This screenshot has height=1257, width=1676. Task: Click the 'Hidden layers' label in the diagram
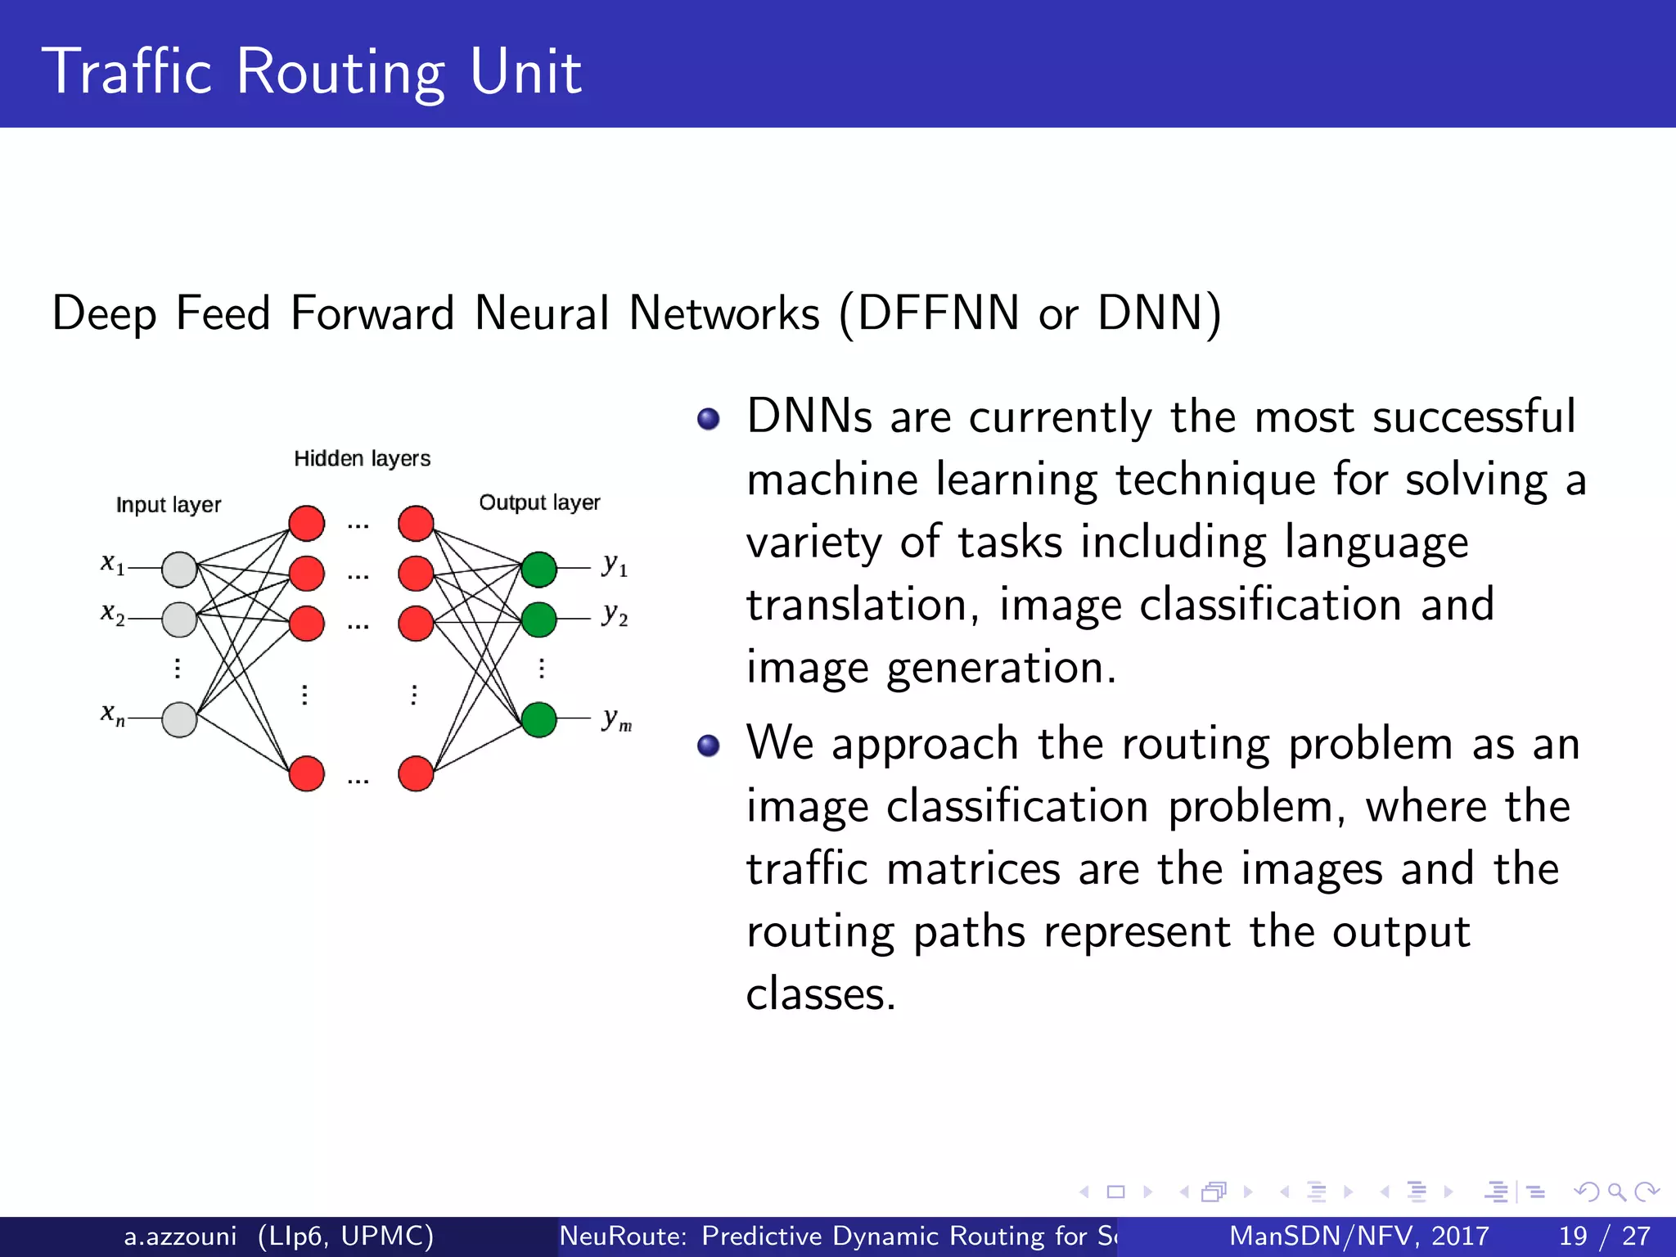(x=362, y=459)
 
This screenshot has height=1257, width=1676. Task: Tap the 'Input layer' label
(x=169, y=505)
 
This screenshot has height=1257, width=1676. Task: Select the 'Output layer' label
(x=539, y=502)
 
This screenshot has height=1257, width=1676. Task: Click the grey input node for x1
(x=179, y=570)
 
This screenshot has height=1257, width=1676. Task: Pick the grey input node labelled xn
(x=179, y=720)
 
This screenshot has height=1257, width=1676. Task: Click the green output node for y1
(x=538, y=570)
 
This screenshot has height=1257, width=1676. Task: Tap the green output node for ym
(x=538, y=720)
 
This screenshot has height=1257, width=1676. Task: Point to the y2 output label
(x=615, y=615)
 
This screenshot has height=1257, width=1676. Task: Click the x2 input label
(x=112, y=613)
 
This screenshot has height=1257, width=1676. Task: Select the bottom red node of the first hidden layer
(x=307, y=773)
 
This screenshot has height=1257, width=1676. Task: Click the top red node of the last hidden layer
(x=416, y=524)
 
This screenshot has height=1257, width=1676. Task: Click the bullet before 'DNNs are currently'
(x=708, y=420)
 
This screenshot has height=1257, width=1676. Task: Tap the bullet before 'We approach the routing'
(x=708, y=746)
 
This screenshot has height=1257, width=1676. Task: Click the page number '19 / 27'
(x=1604, y=1236)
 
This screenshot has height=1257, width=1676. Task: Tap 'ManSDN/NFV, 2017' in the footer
(x=1358, y=1236)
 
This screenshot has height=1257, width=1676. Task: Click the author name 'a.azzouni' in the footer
(x=180, y=1236)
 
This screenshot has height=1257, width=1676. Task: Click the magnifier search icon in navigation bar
(x=1616, y=1192)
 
